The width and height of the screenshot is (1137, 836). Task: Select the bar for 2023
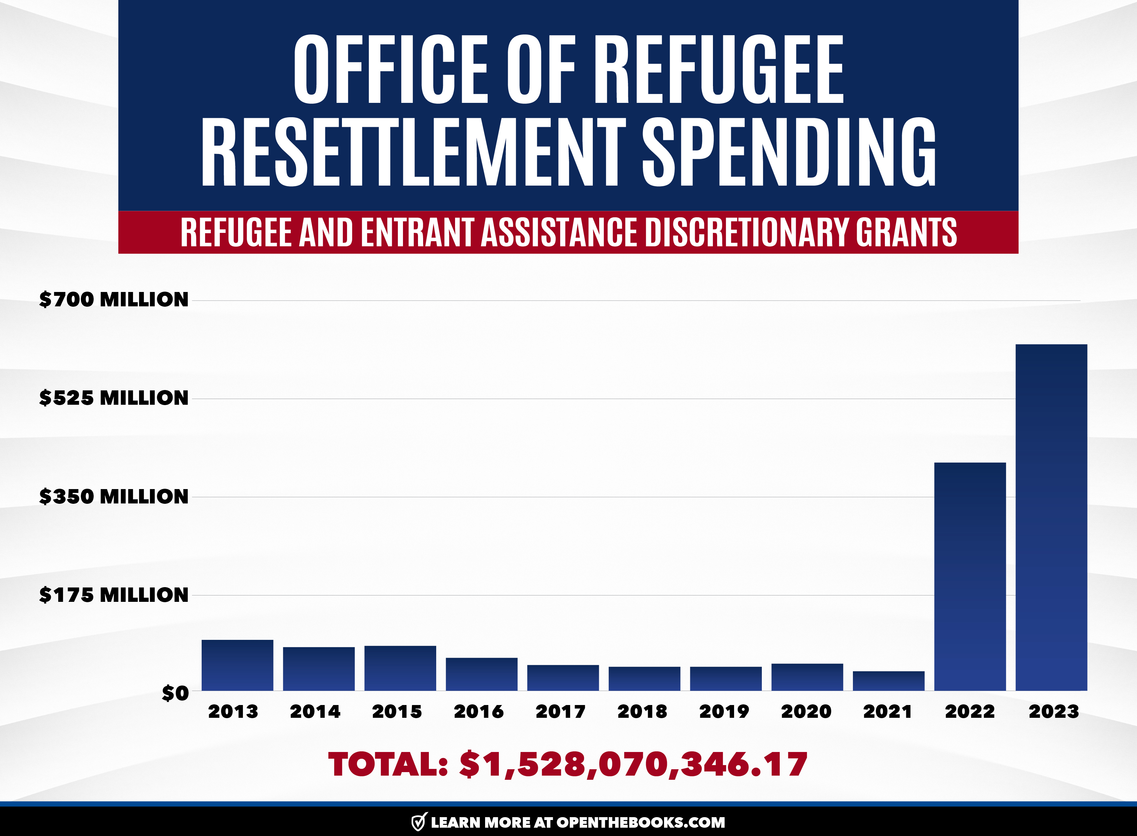click(1051, 517)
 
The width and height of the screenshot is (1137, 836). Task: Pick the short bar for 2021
click(888, 681)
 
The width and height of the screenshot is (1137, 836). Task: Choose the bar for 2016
click(482, 674)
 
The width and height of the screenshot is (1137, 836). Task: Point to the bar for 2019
click(725, 679)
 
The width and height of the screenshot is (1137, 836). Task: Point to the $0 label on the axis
click(175, 693)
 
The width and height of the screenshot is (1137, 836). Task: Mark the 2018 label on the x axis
click(642, 711)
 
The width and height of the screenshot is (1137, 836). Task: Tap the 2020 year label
click(806, 711)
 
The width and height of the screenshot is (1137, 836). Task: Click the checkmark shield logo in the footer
click(419, 822)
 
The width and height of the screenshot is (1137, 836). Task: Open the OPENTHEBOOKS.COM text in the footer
click(640, 822)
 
